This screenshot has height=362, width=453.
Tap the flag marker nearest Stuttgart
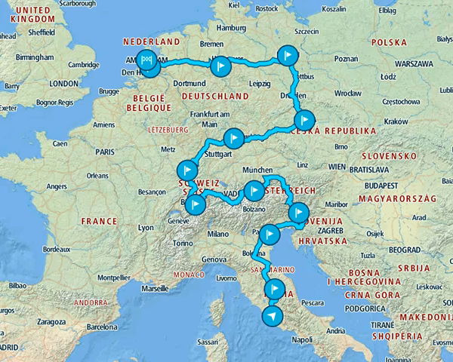point(234,138)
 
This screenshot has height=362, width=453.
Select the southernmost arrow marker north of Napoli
point(272,316)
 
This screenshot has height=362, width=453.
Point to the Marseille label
point(154,288)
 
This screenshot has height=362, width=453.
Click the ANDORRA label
point(90,302)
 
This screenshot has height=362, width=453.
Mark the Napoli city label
point(300,340)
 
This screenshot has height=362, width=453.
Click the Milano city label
point(218,235)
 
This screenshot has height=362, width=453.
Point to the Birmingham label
point(32,57)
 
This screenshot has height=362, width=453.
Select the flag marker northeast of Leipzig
point(287,55)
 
